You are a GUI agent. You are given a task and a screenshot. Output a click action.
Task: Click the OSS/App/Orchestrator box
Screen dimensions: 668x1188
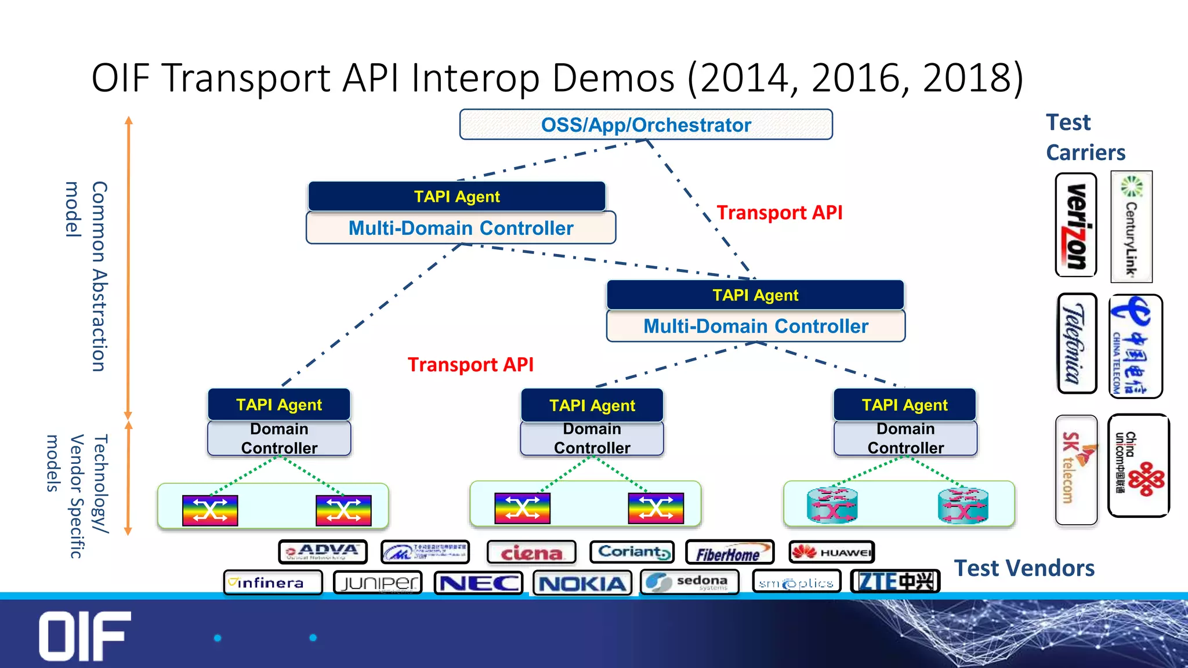pos(646,125)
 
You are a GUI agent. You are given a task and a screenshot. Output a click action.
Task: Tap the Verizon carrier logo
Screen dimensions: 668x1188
pos(1076,225)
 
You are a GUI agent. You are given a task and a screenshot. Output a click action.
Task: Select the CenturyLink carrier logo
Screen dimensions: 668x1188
pos(1131,227)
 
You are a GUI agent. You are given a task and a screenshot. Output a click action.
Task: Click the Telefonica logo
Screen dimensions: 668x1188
pos(1077,343)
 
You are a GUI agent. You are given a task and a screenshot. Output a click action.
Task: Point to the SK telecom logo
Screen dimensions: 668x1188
pos(1076,470)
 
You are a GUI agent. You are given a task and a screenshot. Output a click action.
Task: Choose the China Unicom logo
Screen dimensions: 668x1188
pos(1138,465)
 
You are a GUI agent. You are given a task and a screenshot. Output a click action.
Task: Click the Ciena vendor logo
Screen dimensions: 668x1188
pos(531,552)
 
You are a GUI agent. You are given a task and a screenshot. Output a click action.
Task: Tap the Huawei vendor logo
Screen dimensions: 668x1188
pos(831,552)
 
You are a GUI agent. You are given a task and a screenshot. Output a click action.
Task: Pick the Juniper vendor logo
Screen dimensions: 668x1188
pos(378,582)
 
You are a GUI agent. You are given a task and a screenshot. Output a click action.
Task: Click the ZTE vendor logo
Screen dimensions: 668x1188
pos(895,581)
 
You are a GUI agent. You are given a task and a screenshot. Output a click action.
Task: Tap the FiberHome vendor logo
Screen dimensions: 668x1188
pos(729,553)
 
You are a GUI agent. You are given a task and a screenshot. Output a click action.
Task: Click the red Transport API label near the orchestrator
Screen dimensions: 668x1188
pos(779,213)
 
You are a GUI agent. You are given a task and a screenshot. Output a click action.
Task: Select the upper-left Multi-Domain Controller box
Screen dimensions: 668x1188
pos(461,228)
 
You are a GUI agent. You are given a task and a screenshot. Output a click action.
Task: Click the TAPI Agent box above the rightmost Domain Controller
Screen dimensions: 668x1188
pos(904,405)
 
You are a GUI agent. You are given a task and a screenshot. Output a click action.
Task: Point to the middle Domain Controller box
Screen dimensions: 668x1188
pos(592,438)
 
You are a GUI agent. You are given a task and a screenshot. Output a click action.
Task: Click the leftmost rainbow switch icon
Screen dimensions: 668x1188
pos(210,510)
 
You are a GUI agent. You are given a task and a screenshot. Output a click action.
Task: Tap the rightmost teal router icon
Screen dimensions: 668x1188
pos(963,506)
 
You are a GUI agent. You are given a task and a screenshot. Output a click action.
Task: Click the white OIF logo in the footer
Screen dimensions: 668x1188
pos(85,636)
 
